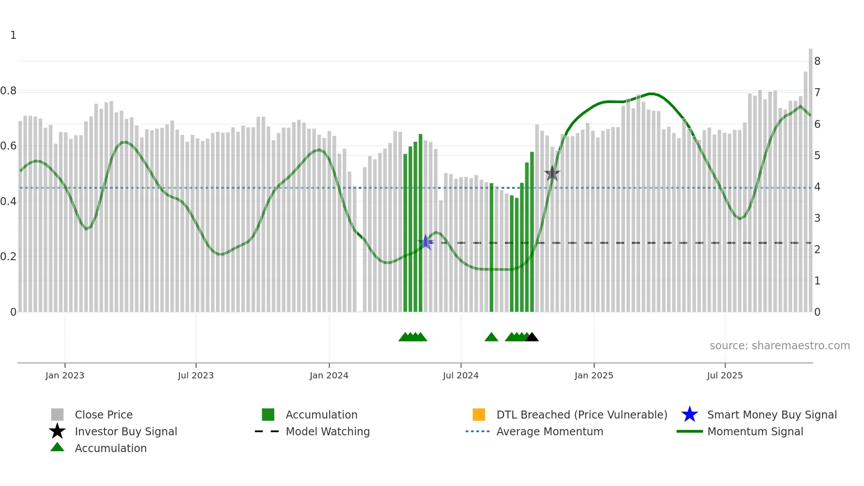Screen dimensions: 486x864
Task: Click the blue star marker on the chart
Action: click(x=425, y=242)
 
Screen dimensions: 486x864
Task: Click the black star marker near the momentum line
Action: click(x=552, y=173)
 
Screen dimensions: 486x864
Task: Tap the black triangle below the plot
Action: click(x=532, y=337)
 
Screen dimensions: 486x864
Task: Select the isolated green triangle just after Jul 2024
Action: click(x=491, y=337)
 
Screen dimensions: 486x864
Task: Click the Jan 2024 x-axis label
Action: click(x=329, y=375)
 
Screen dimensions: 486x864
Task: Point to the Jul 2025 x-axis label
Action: click(x=725, y=375)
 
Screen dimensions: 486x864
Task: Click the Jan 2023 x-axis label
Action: click(x=65, y=375)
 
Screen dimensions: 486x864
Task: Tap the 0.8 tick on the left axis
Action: click(x=8, y=91)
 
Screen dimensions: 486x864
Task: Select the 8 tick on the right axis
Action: click(x=817, y=61)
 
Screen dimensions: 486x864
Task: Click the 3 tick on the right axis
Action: click(x=817, y=218)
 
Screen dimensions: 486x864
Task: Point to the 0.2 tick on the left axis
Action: click(x=8, y=257)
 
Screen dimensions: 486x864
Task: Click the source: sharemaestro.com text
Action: click(x=779, y=346)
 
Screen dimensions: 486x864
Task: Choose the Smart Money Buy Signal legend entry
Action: click(x=771, y=415)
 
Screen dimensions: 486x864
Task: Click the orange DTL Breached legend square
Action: click(x=479, y=415)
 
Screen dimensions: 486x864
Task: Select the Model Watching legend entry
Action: click(x=327, y=431)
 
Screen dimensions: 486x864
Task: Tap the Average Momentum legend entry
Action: click(x=549, y=431)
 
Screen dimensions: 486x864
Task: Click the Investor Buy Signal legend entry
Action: click(x=126, y=431)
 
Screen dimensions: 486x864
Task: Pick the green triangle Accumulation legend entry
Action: click(x=110, y=448)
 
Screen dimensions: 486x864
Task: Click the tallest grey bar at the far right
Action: click(x=810, y=176)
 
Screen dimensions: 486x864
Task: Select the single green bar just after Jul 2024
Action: click(x=492, y=247)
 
